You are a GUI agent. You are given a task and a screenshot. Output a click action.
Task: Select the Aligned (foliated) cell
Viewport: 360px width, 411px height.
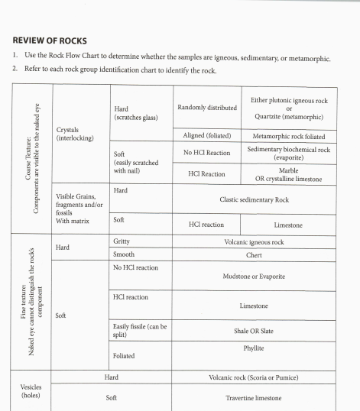point(207,135)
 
